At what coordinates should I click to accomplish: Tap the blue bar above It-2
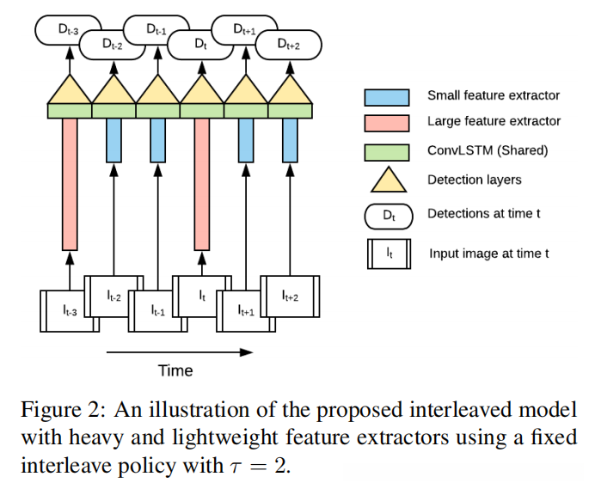(113, 141)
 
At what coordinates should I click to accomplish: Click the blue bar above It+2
(289, 141)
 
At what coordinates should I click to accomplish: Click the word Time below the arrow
(175, 370)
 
